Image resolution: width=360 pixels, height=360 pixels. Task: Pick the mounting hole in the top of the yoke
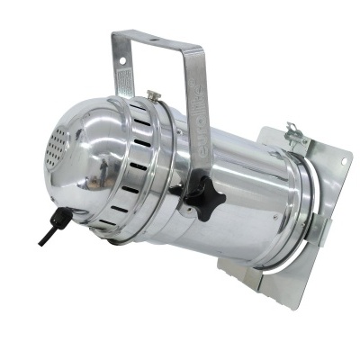click(159, 40)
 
